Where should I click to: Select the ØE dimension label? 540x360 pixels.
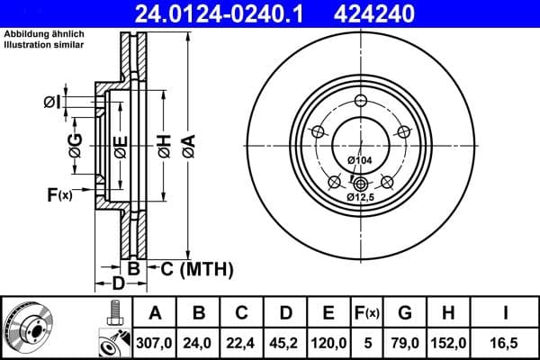(x=120, y=145)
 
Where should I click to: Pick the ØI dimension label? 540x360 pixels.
(x=52, y=103)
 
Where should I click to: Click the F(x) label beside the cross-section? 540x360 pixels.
(x=59, y=193)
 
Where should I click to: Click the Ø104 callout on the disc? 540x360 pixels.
(x=360, y=160)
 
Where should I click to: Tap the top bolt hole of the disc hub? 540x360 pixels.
(x=361, y=101)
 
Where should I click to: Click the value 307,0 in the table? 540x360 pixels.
(x=154, y=341)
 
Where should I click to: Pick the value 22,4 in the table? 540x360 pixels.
(x=241, y=341)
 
